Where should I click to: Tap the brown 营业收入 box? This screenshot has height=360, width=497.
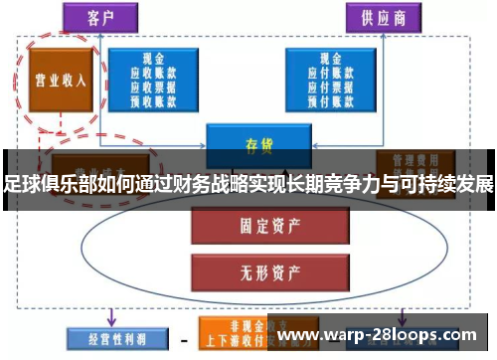coord(57,79)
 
